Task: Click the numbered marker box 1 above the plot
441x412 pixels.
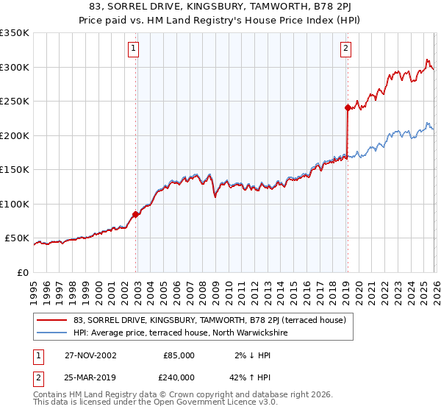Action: pyautogui.click(x=134, y=49)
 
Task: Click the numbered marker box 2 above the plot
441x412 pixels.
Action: pyautogui.click(x=345, y=49)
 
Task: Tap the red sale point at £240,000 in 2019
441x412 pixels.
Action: pyautogui.click(x=346, y=107)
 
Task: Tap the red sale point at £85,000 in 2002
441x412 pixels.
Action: pyautogui.click(x=136, y=215)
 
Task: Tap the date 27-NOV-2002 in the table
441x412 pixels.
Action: pyautogui.click(x=90, y=355)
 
